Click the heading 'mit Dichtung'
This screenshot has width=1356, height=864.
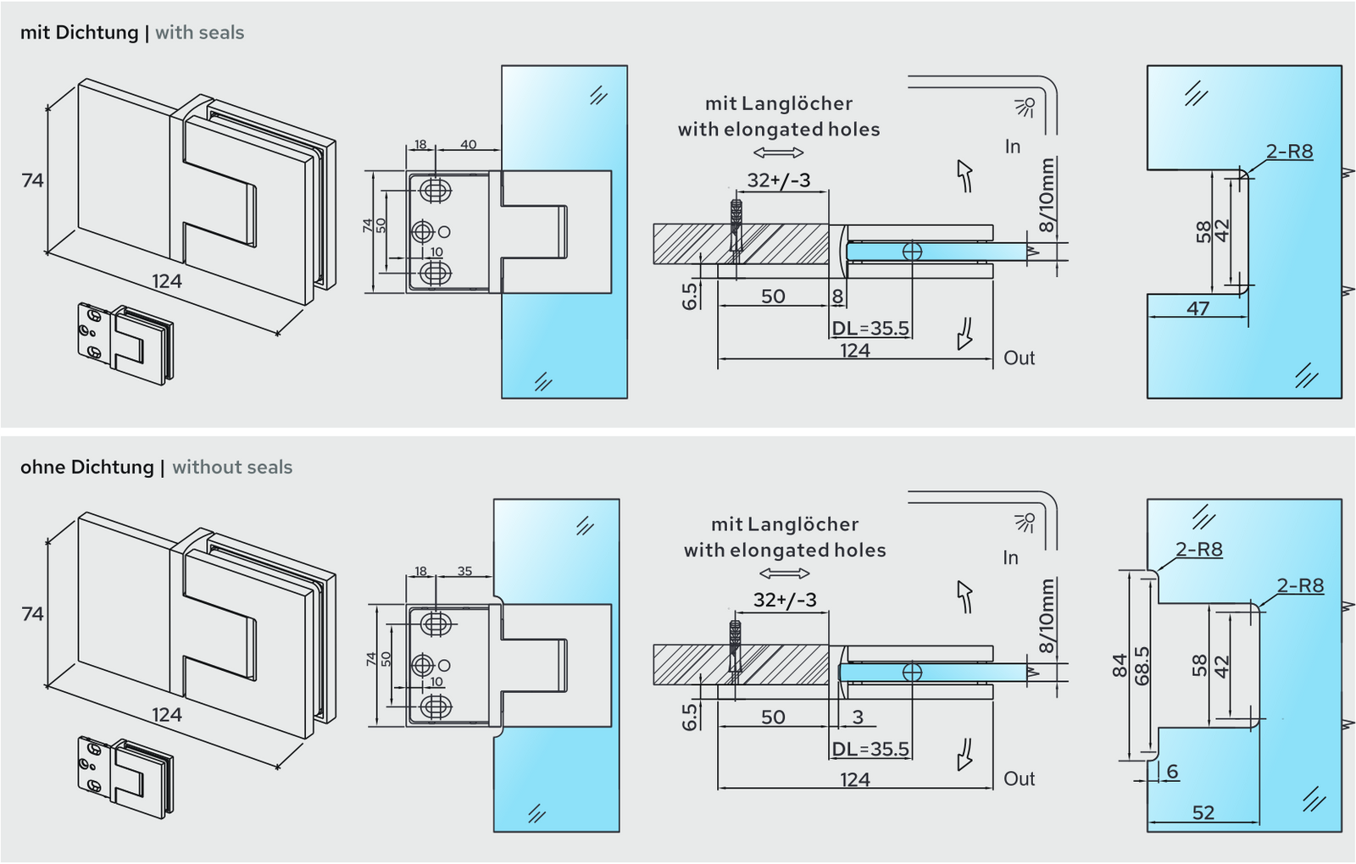pos(80,32)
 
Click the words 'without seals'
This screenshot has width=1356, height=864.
pos(232,467)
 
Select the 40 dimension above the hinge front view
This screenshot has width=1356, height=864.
pos(468,144)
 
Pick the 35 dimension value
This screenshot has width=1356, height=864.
pos(464,571)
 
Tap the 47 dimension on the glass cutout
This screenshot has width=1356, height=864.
pos(1198,308)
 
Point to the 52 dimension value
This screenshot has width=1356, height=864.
pos(1203,812)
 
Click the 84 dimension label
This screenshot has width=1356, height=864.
pos(1120,666)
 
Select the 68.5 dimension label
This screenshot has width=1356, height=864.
pos(1141,666)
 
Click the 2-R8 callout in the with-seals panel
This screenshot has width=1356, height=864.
pos(1289,152)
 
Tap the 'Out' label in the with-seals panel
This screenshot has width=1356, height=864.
pos(1019,357)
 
